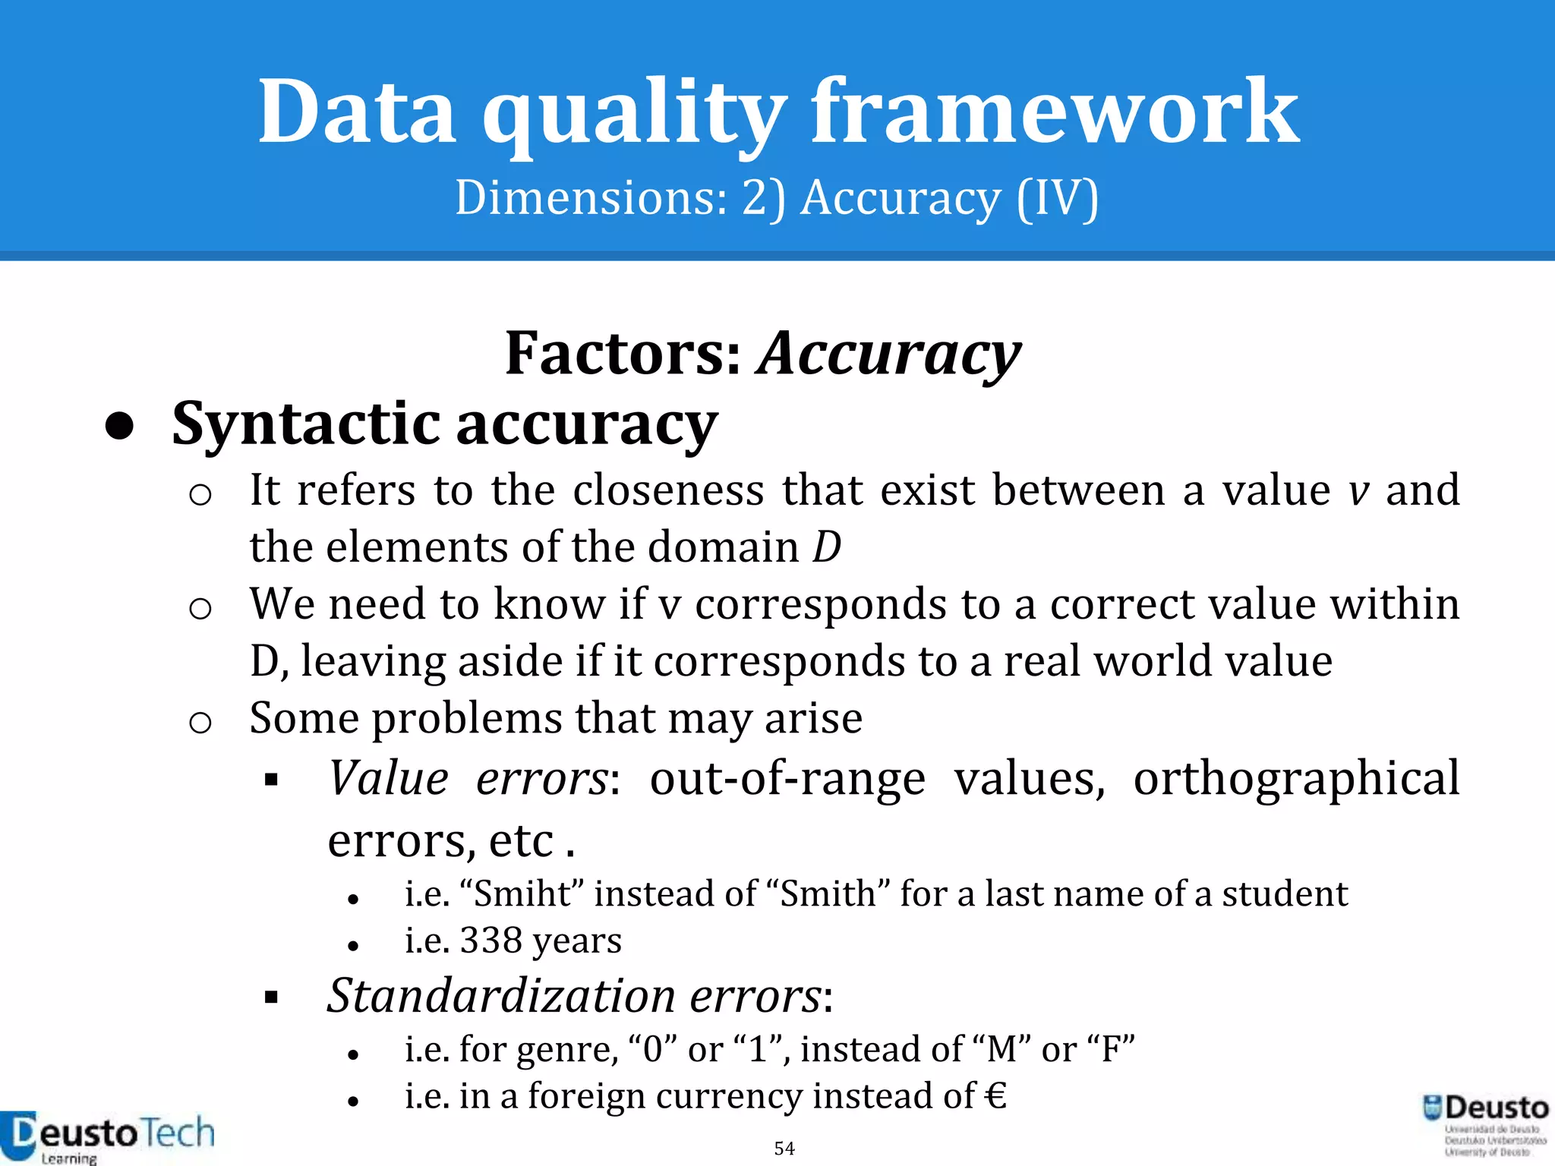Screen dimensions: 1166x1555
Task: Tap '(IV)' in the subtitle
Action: point(1057,199)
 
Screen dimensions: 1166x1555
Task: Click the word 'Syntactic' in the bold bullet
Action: point(305,424)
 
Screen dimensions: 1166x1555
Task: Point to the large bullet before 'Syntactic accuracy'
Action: point(119,427)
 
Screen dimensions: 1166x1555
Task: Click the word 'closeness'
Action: point(668,490)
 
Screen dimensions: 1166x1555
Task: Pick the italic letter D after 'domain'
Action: point(827,547)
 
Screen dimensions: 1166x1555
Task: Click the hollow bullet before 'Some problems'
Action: point(200,723)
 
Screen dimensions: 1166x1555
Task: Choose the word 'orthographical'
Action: point(1296,779)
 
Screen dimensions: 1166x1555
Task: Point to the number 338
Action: point(490,941)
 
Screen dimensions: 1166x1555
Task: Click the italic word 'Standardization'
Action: point(501,996)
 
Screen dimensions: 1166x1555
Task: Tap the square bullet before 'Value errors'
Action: point(272,780)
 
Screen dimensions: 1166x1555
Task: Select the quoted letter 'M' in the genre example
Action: point(1001,1050)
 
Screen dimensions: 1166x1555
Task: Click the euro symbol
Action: point(995,1097)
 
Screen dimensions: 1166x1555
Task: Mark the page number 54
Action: point(784,1149)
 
